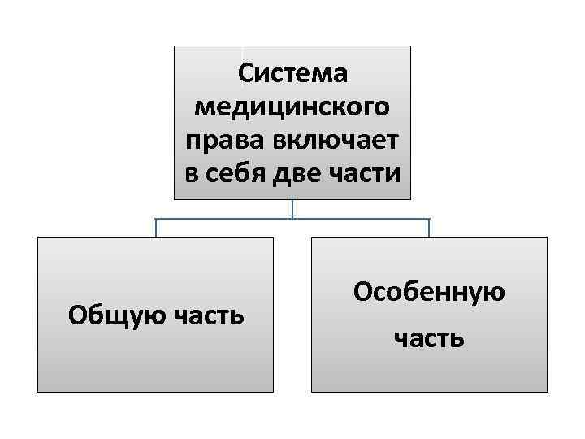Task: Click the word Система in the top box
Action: point(292,73)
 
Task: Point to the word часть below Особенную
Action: point(429,337)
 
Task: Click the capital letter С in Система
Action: point(245,73)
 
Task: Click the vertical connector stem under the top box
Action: point(292,209)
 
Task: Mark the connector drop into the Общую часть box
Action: point(156,228)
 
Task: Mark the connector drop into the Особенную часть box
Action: point(429,228)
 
